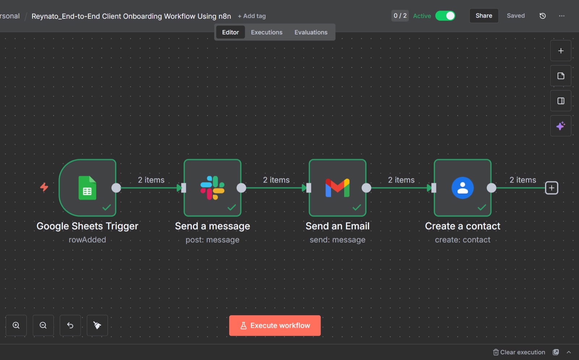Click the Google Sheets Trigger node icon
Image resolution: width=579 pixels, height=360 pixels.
[87, 188]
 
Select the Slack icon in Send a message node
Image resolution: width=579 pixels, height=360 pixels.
[212, 188]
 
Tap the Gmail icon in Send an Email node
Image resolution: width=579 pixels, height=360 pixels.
[338, 188]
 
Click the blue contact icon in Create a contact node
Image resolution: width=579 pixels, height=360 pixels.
[462, 188]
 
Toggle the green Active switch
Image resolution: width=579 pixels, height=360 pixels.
[445, 16]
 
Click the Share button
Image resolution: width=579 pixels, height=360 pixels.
[484, 16]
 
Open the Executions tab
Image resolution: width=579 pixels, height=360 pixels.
[266, 32]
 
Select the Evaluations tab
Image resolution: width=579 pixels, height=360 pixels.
[311, 32]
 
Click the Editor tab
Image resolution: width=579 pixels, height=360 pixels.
[230, 32]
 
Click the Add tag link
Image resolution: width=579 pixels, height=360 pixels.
[252, 16]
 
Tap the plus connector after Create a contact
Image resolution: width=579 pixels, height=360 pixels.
[551, 188]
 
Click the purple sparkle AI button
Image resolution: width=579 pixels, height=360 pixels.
[561, 126]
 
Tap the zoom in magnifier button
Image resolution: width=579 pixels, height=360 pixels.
[16, 325]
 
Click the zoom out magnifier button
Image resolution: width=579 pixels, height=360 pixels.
[43, 325]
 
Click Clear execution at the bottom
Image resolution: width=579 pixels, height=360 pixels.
[519, 352]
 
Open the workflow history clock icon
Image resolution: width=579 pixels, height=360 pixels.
[542, 16]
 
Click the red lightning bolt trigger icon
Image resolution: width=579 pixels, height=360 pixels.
[44, 187]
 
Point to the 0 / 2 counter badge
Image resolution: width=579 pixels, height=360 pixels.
[400, 16]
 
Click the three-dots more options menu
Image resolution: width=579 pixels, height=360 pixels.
[561, 16]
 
